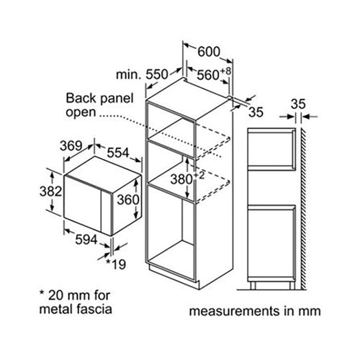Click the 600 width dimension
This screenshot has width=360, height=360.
click(x=209, y=52)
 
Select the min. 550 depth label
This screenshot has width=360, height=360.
click(x=142, y=74)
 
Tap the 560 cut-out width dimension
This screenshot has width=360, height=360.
click(x=208, y=75)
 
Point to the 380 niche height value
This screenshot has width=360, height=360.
click(x=181, y=179)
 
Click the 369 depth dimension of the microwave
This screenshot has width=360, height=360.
click(x=71, y=145)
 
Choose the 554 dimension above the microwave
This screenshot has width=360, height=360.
click(x=118, y=153)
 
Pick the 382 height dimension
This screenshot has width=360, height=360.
click(x=51, y=192)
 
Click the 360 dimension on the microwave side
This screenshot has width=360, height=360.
click(x=128, y=199)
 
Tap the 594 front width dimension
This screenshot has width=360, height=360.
click(x=86, y=240)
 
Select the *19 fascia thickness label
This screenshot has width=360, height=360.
click(x=116, y=264)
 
